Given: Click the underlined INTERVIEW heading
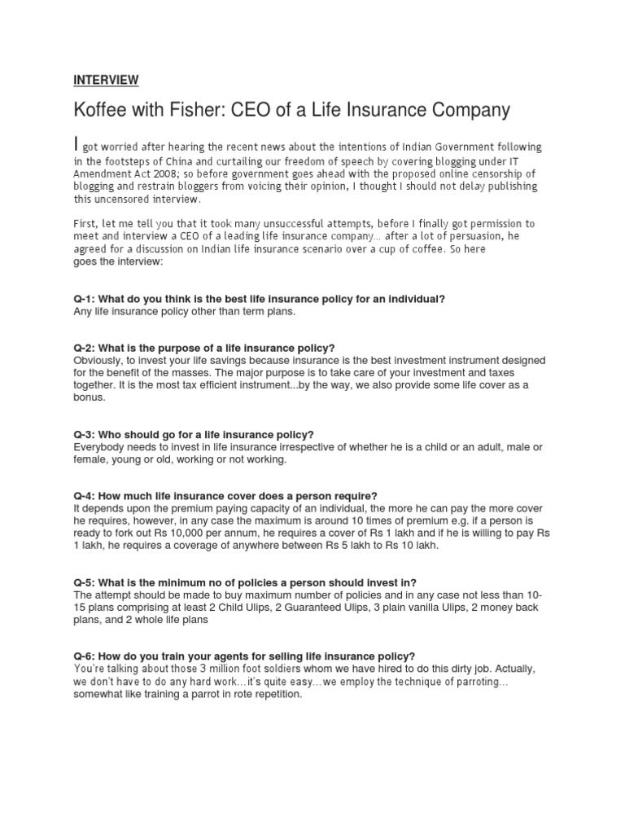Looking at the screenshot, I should point(106,79).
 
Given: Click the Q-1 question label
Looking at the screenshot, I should point(83,299).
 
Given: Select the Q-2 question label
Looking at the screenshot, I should point(83,348).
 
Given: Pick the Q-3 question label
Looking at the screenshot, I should point(83,434).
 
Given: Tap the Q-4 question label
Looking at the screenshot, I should point(83,496).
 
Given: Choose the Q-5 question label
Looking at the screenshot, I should point(83,582).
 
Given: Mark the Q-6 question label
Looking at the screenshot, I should point(83,656).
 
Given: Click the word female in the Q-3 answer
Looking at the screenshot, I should point(90,459).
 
